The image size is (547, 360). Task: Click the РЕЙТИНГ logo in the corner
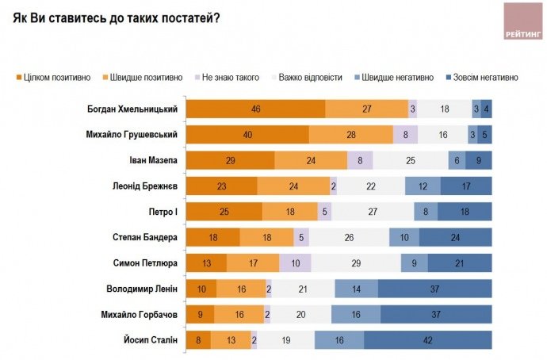[x=523, y=21]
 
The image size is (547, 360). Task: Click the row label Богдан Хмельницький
[x=132, y=109]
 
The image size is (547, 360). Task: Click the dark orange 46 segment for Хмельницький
[x=254, y=109]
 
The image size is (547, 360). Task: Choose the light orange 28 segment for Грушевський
[x=351, y=135]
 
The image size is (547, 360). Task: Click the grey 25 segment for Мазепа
[x=410, y=160]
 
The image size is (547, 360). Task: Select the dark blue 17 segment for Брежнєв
[x=466, y=186]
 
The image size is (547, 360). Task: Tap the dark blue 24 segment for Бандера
[x=456, y=238]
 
